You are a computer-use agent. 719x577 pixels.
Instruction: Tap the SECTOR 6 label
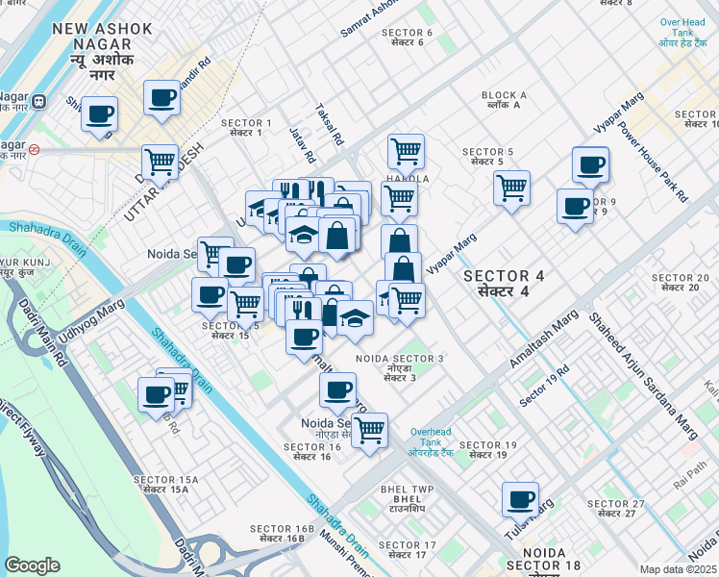click(x=409, y=38)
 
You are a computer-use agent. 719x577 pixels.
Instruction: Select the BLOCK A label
click(x=505, y=101)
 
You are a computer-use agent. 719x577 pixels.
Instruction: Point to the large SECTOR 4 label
click(x=504, y=283)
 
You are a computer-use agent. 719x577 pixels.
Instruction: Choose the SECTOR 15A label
click(x=165, y=485)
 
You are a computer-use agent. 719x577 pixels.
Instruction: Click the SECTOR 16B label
click(x=283, y=534)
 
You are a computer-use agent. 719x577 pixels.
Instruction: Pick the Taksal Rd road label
click(x=330, y=125)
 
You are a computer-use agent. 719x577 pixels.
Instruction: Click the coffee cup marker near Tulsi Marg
click(x=521, y=499)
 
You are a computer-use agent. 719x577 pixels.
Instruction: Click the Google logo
click(x=32, y=565)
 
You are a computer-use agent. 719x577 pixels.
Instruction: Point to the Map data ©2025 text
click(x=678, y=569)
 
